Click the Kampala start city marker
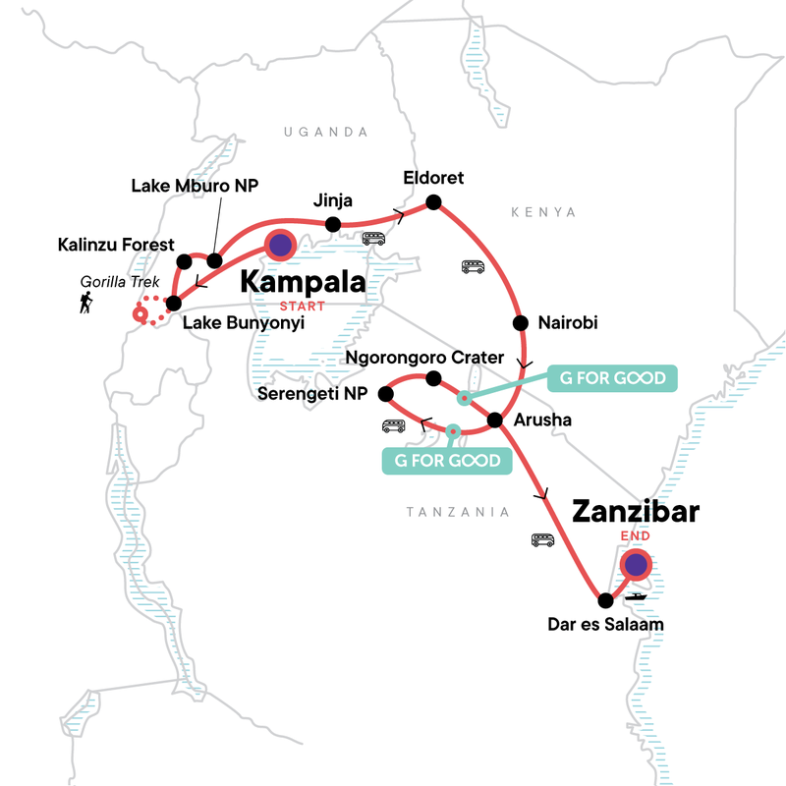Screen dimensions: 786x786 280,246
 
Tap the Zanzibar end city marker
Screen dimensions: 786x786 636,564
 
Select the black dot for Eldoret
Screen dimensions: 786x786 433,203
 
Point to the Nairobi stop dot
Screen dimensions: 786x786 518,322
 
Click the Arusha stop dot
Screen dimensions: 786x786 496,421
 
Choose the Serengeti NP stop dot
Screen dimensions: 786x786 386,394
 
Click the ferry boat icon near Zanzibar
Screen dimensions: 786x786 636,596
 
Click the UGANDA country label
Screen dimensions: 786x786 324,132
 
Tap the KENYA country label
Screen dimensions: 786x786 544,212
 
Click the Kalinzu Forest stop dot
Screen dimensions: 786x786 184,261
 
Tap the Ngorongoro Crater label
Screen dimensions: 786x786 424,357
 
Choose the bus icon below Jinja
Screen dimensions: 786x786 373,238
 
